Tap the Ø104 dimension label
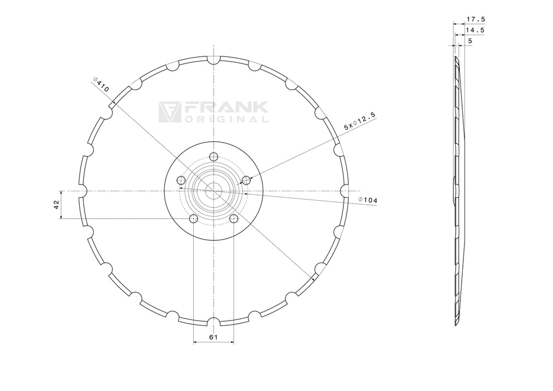[368, 200]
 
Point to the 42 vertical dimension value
[56, 204]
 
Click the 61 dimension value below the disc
[213, 337]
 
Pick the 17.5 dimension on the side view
[476, 19]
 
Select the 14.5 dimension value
[476, 30]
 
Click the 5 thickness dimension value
[470, 41]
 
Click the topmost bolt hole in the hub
[214, 157]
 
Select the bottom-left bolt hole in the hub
[193, 219]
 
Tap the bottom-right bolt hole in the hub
[234, 219]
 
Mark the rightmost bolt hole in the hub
[246, 180]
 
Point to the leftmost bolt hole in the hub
[181, 180]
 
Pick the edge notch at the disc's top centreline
[214, 60]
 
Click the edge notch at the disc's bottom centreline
[214, 322]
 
